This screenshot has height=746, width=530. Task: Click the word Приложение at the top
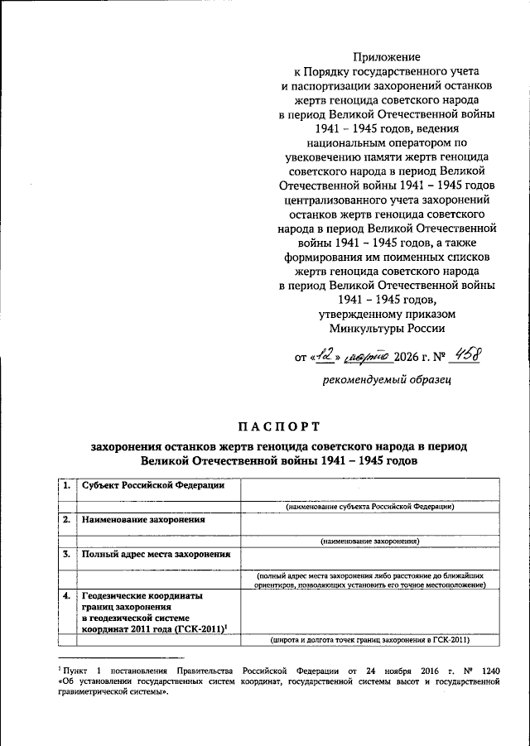(388, 57)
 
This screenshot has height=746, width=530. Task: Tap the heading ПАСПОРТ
(279, 426)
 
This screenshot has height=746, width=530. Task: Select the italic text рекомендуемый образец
(386, 380)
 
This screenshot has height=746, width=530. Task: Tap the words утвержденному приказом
(387, 314)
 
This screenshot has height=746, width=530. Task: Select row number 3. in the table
(65, 554)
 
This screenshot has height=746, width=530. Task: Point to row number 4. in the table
(65, 595)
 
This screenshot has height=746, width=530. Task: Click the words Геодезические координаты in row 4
(142, 595)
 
